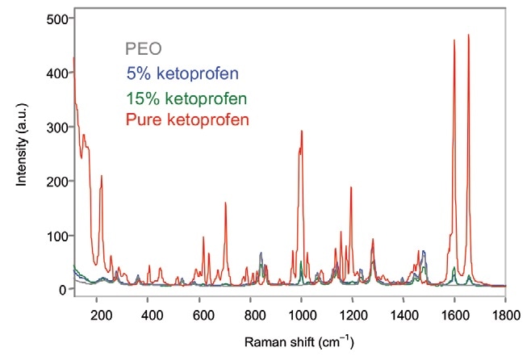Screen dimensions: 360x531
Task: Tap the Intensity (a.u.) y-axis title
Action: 23,153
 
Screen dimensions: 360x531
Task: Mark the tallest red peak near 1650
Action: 468,35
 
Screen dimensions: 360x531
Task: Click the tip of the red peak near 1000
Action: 302,131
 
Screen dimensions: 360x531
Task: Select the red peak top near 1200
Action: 351,187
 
